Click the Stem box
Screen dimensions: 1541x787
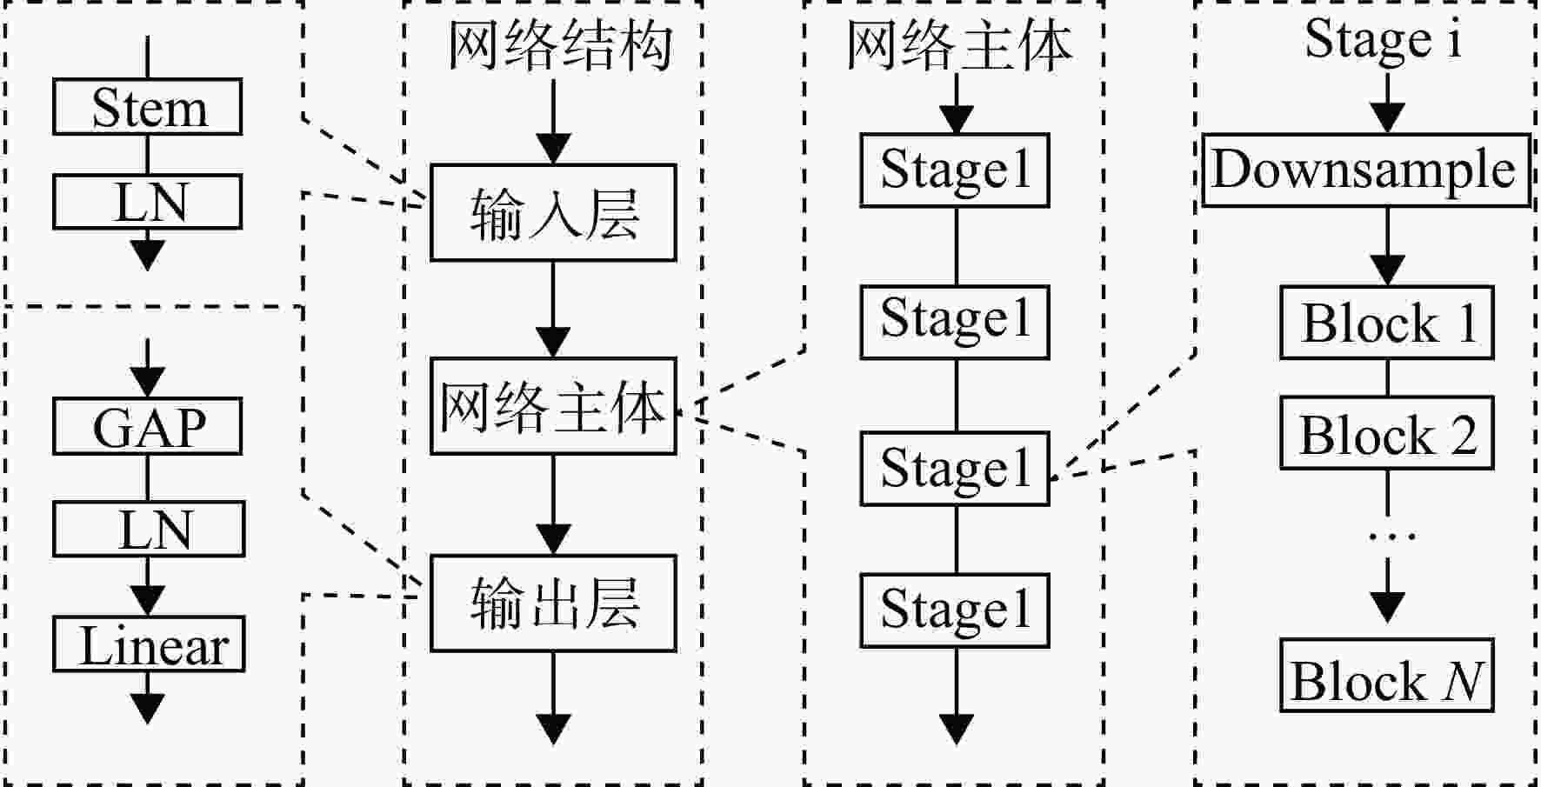coord(147,107)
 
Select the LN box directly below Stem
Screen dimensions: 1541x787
coord(147,202)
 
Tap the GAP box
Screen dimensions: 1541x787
coord(147,426)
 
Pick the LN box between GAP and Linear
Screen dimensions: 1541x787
coord(149,529)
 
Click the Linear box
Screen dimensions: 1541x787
coord(149,644)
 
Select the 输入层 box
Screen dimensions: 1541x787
coord(553,212)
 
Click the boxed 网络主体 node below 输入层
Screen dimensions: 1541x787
coord(553,406)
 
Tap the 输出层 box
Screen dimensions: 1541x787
coord(553,603)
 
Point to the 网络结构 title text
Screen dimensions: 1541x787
coord(559,45)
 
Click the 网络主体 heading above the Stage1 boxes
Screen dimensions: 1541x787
coord(958,45)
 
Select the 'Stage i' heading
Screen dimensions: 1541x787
coord(1383,40)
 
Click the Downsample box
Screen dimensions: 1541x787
coord(1366,170)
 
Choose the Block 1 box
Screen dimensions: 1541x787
coord(1387,323)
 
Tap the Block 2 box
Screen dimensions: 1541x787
coord(1387,433)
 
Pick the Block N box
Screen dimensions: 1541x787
coord(1387,676)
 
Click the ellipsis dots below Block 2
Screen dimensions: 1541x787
coord(1391,537)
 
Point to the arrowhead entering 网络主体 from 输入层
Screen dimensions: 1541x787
coord(553,342)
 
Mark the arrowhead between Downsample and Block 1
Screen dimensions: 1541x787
coord(1387,270)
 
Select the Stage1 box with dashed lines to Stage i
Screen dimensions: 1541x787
coord(955,468)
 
